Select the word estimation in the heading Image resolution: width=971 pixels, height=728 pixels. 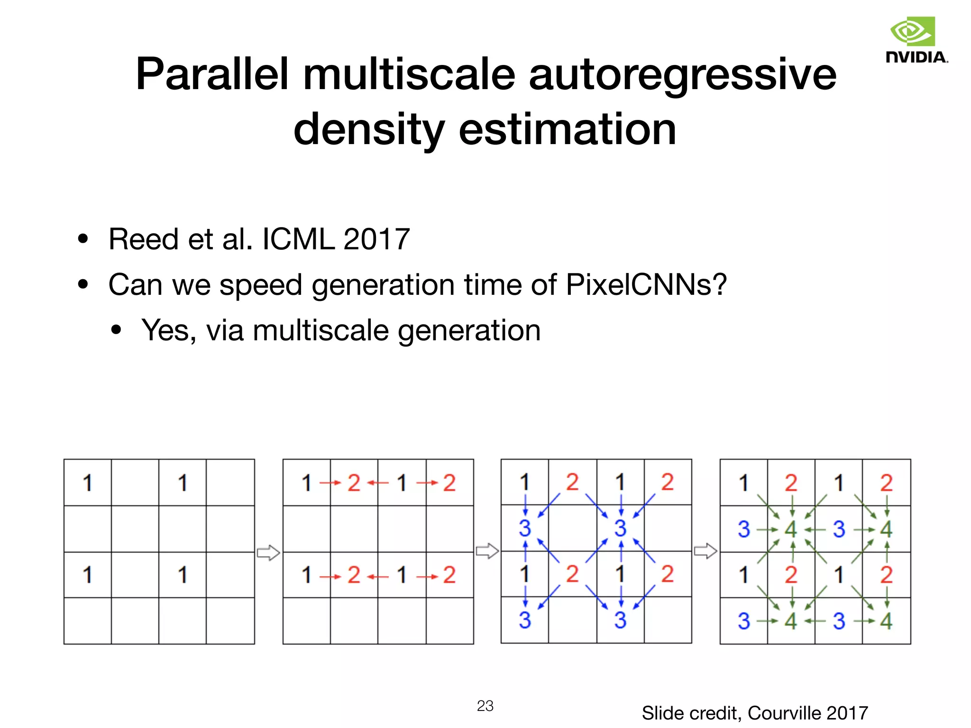click(x=568, y=129)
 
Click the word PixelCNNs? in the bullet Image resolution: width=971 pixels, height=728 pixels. click(x=646, y=284)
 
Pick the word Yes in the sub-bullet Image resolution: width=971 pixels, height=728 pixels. click(x=168, y=330)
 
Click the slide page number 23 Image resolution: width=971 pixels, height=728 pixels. click(x=485, y=706)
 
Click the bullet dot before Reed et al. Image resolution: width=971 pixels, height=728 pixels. click(x=83, y=239)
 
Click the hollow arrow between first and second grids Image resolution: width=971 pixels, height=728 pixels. click(x=268, y=553)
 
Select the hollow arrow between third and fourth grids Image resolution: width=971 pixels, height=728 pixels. click(x=705, y=551)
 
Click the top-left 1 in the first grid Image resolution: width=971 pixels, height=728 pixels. click(x=87, y=483)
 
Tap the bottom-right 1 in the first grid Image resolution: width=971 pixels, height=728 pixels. click(x=183, y=575)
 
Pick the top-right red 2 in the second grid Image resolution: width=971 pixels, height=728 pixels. click(x=449, y=483)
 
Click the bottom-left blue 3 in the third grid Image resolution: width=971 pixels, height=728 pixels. click(x=524, y=620)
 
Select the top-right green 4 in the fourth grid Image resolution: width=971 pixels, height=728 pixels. click(x=886, y=529)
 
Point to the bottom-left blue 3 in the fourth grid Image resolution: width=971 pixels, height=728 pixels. click(x=743, y=621)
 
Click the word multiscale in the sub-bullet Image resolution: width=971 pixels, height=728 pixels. click(x=321, y=330)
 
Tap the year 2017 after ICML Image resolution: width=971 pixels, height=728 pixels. click(x=376, y=239)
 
